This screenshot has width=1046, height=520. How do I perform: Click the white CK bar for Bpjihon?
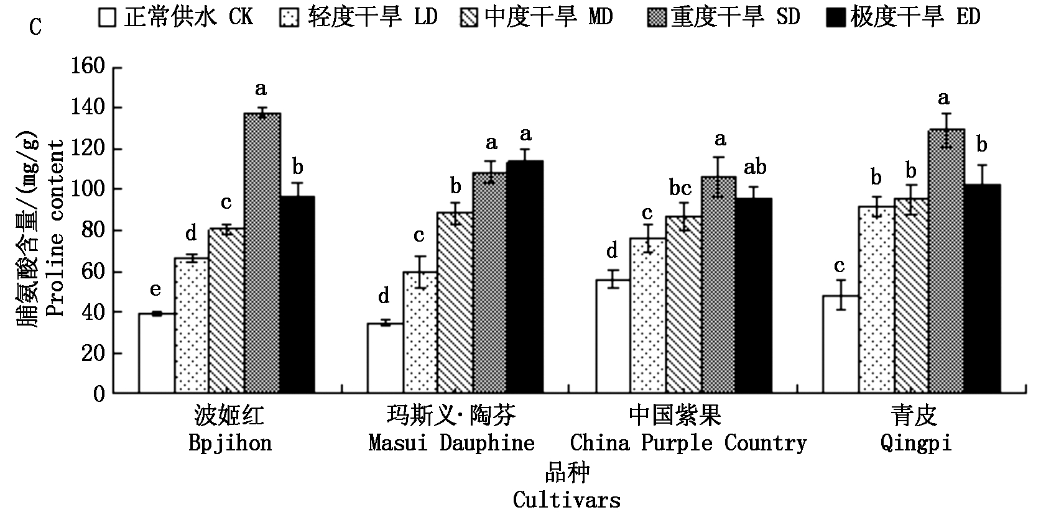tap(157, 354)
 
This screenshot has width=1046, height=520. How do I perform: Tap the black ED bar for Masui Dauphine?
tap(524, 277)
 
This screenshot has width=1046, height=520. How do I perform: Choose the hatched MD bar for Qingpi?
tap(912, 296)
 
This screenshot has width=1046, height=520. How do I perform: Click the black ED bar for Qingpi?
tap(983, 289)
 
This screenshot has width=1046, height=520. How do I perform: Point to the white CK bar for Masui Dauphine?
tap(385, 358)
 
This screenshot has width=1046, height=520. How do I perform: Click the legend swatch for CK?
tap(107, 18)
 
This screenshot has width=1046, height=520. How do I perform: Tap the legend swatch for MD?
tap(470, 18)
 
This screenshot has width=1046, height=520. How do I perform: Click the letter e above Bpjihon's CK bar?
tap(155, 290)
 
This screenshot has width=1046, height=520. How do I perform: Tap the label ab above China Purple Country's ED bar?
tap(755, 166)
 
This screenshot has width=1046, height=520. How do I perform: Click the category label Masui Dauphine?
tap(451, 444)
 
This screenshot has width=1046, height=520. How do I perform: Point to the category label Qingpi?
tap(915, 444)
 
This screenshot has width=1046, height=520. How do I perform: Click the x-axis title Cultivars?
tap(567, 500)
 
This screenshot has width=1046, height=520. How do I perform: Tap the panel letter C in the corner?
tap(35, 28)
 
